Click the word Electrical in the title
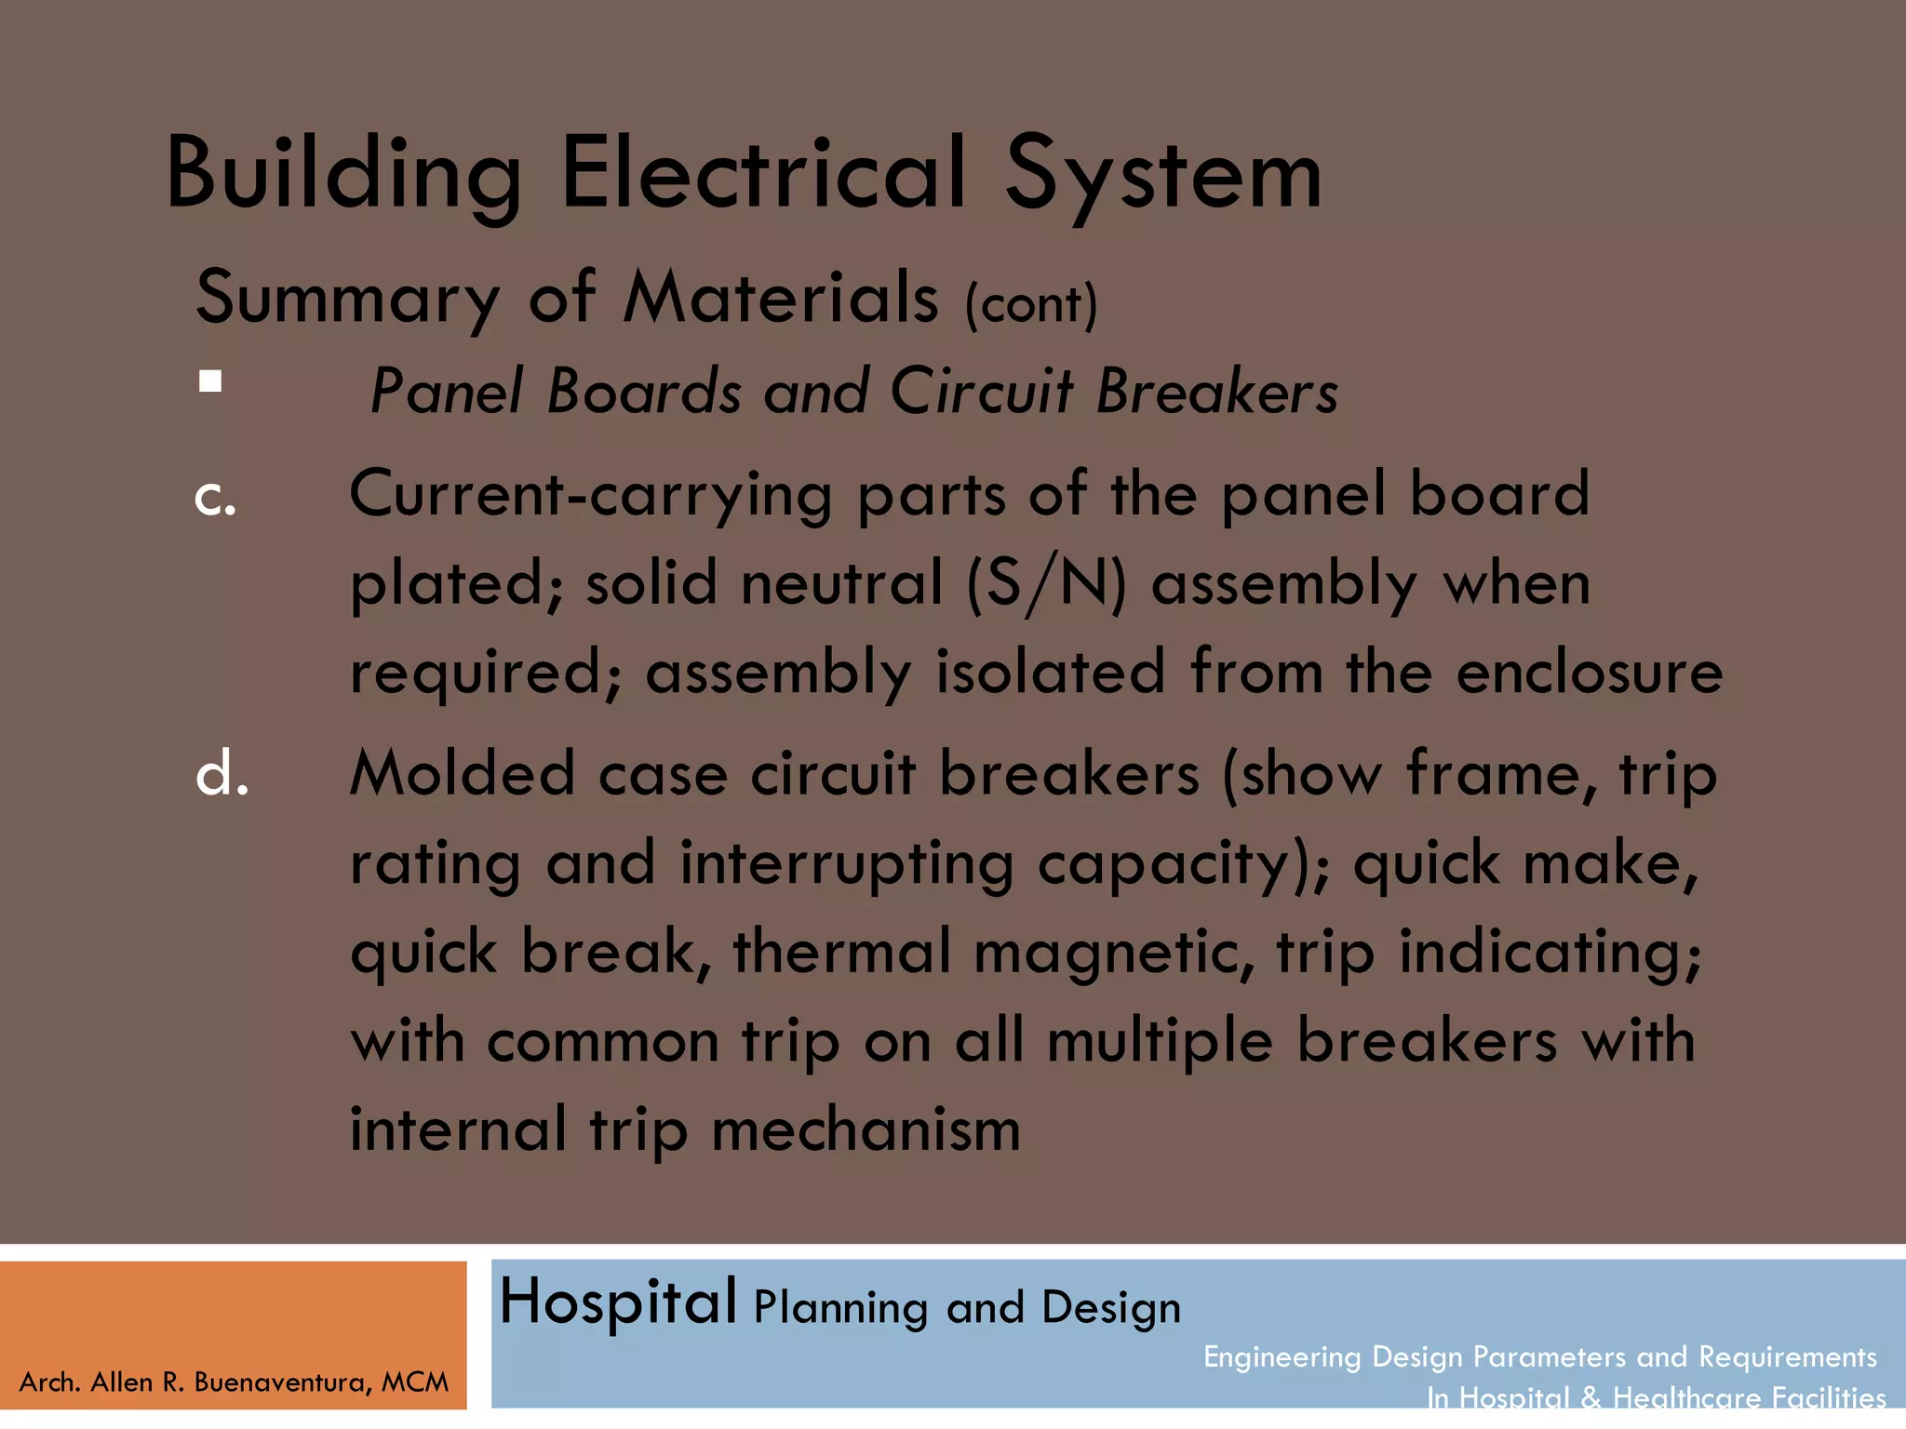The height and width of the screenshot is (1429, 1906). [x=763, y=175]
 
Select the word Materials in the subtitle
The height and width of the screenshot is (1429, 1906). [x=780, y=298]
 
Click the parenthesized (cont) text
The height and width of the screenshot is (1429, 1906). [x=1031, y=304]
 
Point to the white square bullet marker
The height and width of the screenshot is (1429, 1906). [x=210, y=381]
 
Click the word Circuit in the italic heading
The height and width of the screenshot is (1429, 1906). [x=981, y=391]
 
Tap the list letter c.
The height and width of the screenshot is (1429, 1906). [x=215, y=499]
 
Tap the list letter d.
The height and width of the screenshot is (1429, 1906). [x=221, y=774]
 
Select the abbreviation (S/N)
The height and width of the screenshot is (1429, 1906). [x=1046, y=584]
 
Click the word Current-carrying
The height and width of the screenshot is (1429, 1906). [x=590, y=495]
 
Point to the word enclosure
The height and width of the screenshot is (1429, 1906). [x=1589, y=672]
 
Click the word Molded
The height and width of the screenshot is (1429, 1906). [x=462, y=774]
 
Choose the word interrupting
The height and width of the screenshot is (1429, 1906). [x=846, y=863]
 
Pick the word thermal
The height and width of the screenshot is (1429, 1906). [x=842, y=952]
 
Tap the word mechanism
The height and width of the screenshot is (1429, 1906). [x=866, y=1129]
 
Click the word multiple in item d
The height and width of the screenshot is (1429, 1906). [x=1160, y=1041]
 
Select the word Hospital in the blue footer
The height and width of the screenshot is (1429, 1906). [x=618, y=1302]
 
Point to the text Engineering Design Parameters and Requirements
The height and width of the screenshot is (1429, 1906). [x=1539, y=1356]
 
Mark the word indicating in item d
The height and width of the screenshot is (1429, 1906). [x=1550, y=952]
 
